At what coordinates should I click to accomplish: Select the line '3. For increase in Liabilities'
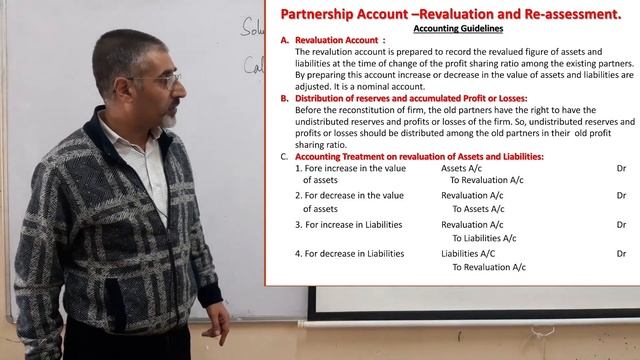click(x=348, y=225)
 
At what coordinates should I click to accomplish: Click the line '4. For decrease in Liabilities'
click(x=350, y=254)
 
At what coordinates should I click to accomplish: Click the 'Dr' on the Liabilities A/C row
click(x=621, y=254)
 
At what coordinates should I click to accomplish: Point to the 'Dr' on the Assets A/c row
click(x=621, y=169)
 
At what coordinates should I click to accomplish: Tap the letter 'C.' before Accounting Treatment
click(x=284, y=157)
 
